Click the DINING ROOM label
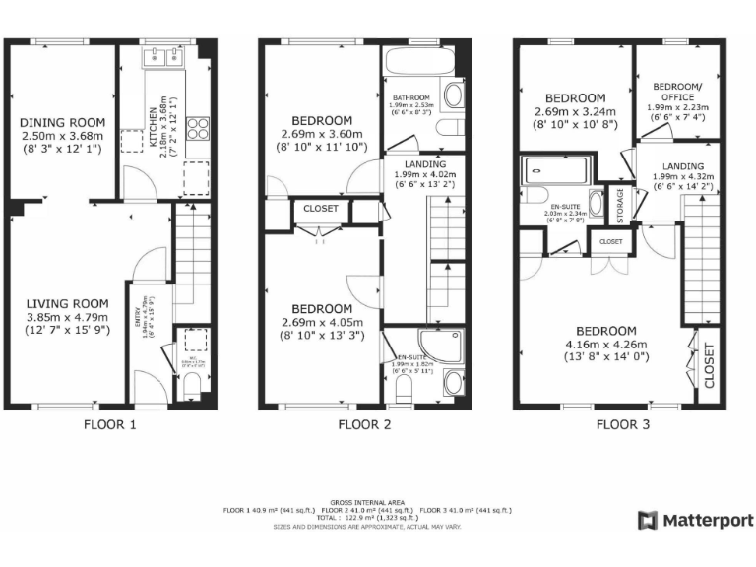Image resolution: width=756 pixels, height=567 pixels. point(62,122)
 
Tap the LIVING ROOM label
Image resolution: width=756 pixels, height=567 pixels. point(62,303)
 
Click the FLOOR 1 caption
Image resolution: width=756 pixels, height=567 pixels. point(110,425)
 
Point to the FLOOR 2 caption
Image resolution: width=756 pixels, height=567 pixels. point(365,425)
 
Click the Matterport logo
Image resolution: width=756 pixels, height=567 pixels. point(696,521)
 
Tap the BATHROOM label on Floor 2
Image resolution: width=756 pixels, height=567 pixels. point(411,98)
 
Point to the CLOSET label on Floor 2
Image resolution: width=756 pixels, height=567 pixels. point(320,209)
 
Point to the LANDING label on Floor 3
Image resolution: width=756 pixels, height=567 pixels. point(682,166)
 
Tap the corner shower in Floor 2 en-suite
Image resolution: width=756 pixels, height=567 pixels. point(436,343)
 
